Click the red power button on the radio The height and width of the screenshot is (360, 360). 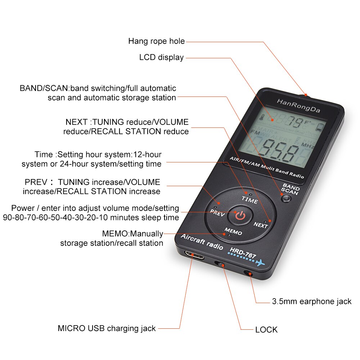click(x=240, y=216)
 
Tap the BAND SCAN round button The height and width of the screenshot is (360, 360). click(x=287, y=198)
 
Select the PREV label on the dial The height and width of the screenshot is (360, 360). click(x=217, y=212)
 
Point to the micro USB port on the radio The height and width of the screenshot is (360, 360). click(x=194, y=255)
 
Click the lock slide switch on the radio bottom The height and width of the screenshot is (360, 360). click(x=221, y=265)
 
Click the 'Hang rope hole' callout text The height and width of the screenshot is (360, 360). click(x=156, y=41)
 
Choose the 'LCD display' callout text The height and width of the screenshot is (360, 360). click(x=161, y=57)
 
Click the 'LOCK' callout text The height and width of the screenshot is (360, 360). click(x=266, y=329)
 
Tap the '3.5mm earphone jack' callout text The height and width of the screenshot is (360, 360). click(x=311, y=301)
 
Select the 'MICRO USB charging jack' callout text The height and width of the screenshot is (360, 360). click(x=107, y=328)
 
